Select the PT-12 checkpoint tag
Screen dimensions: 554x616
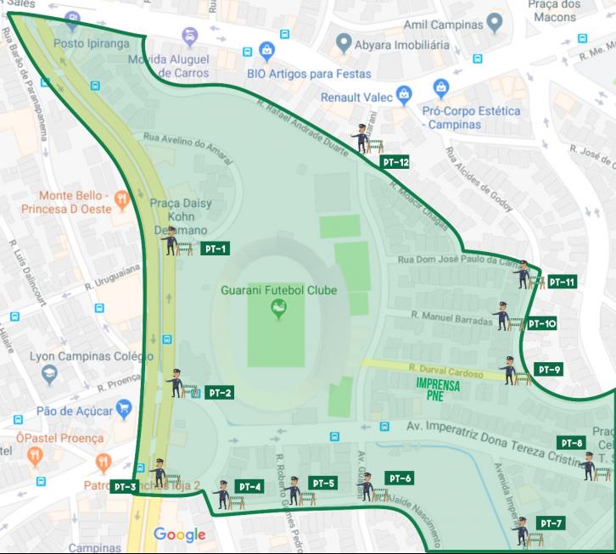(395, 161)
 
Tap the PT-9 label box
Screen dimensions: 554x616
(550, 369)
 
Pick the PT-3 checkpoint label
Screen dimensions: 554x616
(124, 486)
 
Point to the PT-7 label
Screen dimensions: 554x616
(550, 522)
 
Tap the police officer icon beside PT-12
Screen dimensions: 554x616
(361, 137)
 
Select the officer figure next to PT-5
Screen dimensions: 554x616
(294, 490)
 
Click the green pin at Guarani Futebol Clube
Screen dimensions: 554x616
(277, 311)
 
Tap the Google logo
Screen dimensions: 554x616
(180, 534)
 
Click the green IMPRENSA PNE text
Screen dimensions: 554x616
(438, 389)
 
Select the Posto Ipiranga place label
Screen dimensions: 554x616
(91, 42)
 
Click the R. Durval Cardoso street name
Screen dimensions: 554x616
(445, 371)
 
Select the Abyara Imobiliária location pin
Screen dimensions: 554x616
(344, 42)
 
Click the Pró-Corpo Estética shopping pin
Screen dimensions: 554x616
(440, 88)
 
